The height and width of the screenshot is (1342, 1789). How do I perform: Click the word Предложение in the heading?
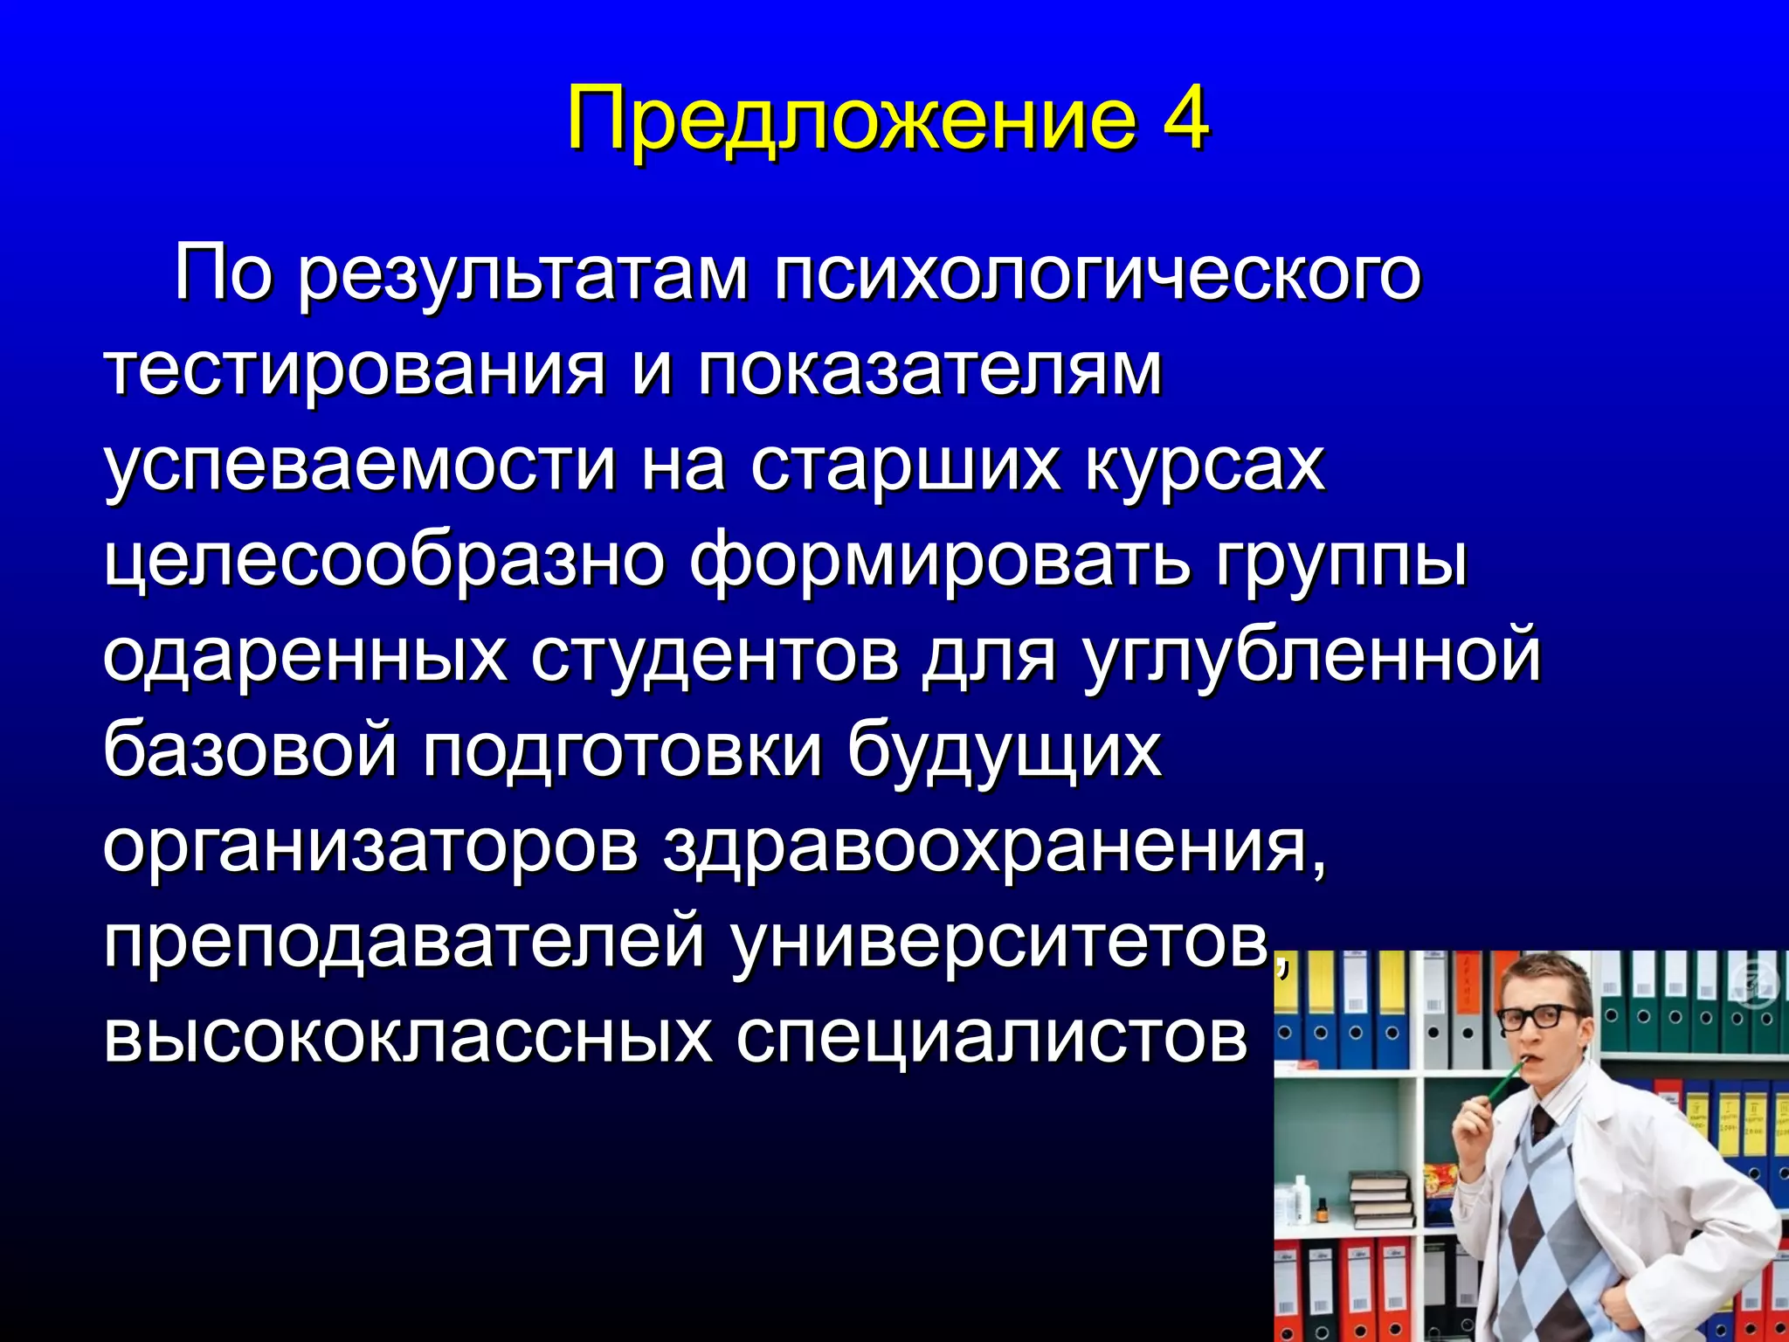pyautogui.click(x=852, y=120)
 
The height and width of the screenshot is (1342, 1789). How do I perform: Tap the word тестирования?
pyautogui.click(x=355, y=370)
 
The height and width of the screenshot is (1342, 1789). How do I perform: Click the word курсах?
pyautogui.click(x=1205, y=467)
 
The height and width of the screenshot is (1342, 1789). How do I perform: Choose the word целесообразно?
pyautogui.click(x=383, y=562)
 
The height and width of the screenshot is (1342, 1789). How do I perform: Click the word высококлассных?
pyautogui.click(x=407, y=1037)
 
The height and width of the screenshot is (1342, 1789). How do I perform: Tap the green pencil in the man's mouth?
pyautogui.click(x=1504, y=1083)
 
